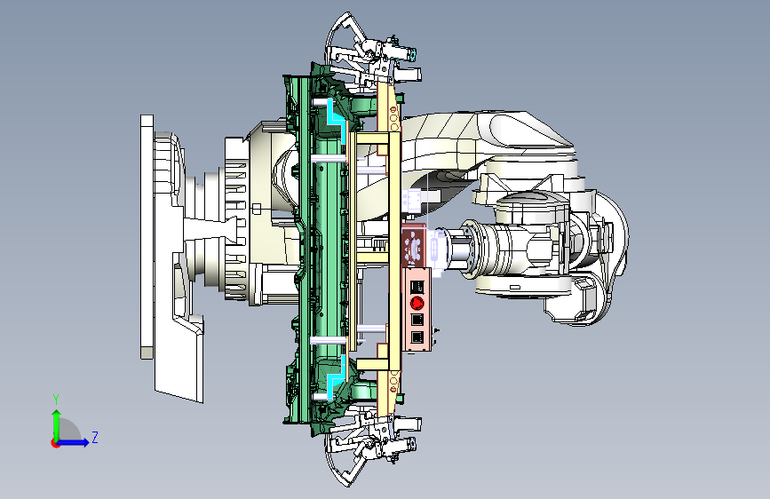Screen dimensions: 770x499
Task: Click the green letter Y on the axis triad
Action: click(x=56, y=400)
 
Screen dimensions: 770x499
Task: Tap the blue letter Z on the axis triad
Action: click(x=95, y=437)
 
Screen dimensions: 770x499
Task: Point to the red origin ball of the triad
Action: click(x=55, y=443)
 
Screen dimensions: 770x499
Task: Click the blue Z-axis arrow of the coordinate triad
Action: click(x=74, y=442)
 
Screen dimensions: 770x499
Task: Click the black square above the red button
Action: click(x=417, y=286)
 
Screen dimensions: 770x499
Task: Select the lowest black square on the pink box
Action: click(x=417, y=337)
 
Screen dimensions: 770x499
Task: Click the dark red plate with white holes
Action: click(x=414, y=247)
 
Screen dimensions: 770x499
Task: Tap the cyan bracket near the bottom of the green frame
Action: click(x=336, y=376)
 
